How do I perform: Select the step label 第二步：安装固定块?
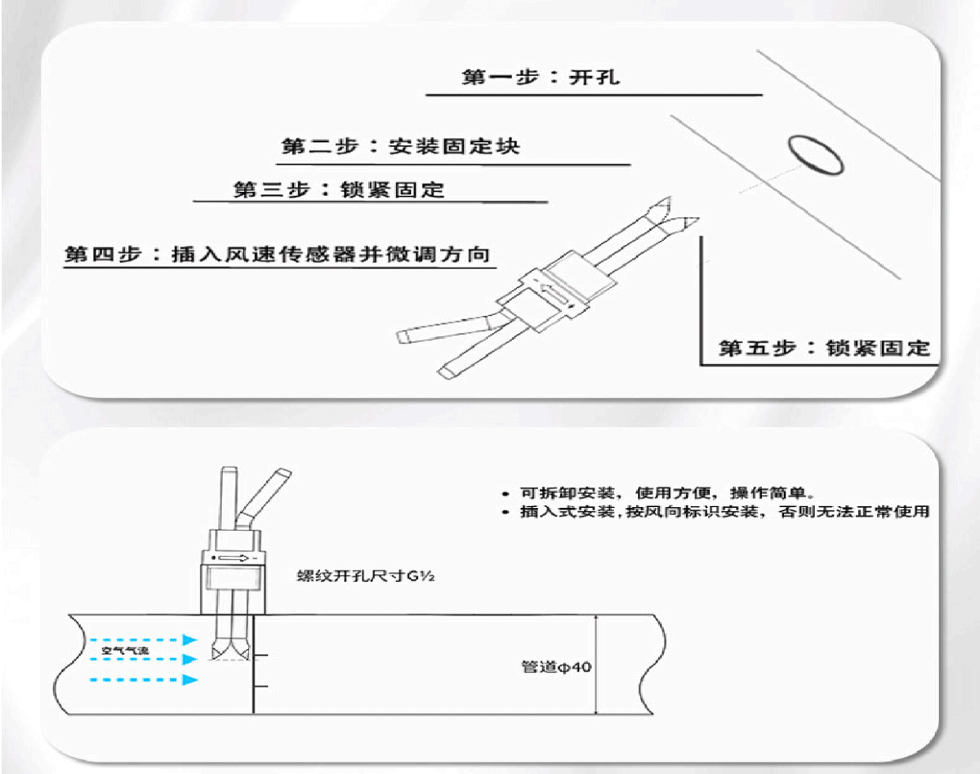(x=400, y=147)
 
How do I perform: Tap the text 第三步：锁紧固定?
(x=339, y=190)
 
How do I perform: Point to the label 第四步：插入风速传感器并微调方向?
(x=278, y=254)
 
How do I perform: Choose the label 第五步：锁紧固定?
(x=824, y=348)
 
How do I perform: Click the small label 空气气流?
(x=125, y=651)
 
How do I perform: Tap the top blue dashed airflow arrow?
(x=143, y=639)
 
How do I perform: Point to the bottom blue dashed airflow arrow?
(x=143, y=679)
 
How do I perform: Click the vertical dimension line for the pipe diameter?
(x=598, y=665)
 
